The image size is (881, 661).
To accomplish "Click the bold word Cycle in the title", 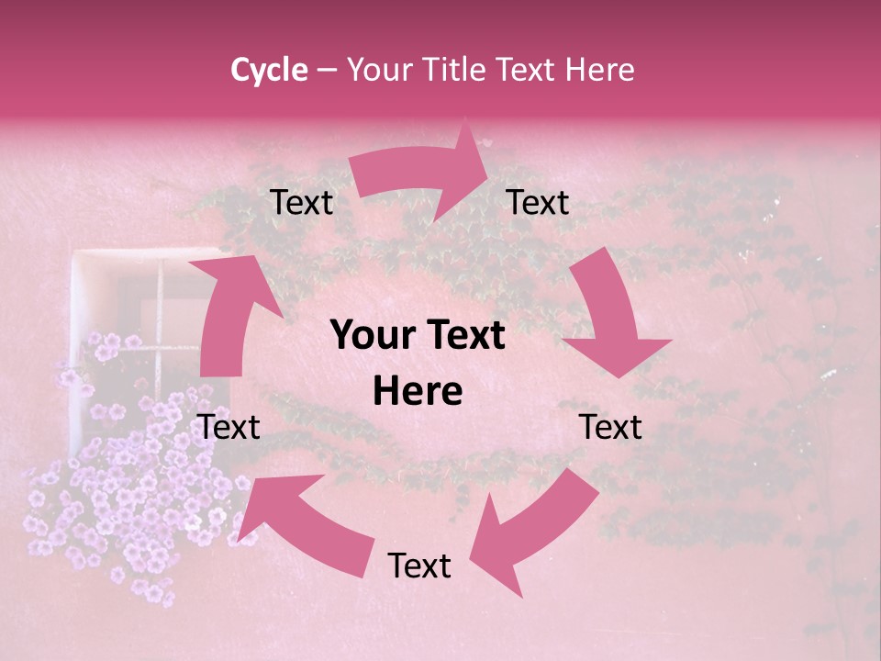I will coord(269,70).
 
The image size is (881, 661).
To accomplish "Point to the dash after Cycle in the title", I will coord(327,71).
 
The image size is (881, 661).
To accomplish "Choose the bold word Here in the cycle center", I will coord(418,392).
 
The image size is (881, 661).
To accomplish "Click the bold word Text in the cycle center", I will coord(464,336).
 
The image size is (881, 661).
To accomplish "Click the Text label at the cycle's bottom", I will coord(419,566).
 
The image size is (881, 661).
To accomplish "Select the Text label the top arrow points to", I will coord(538,202).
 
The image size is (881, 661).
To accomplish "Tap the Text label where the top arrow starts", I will coord(301,202).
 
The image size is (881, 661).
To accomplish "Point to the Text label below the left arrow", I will coord(229,427).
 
